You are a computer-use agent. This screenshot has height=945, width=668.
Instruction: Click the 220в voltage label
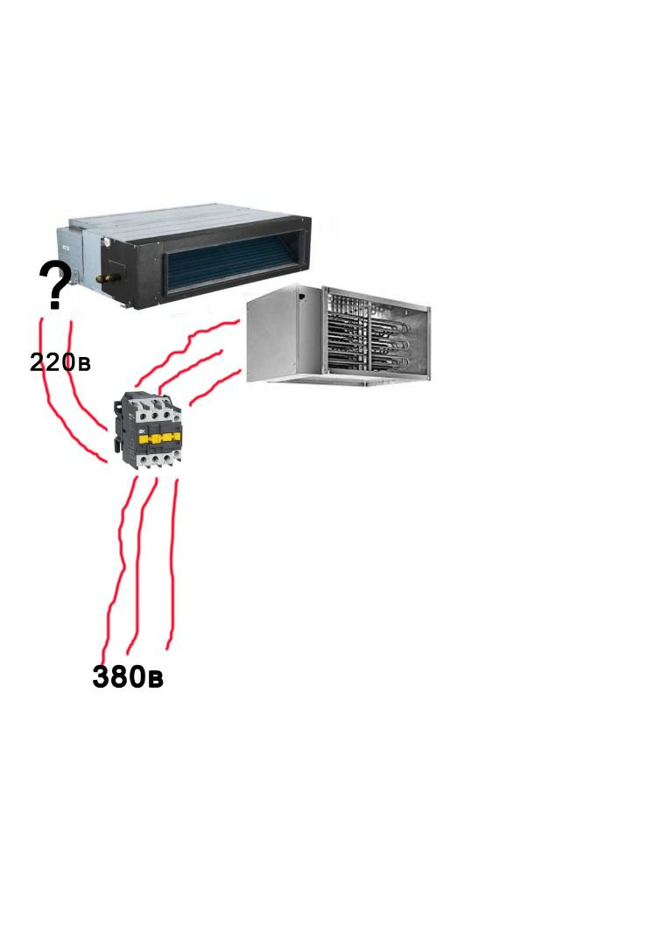click(60, 362)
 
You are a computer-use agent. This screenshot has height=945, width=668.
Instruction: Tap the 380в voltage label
click(128, 676)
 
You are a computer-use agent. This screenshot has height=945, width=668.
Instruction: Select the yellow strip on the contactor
click(159, 437)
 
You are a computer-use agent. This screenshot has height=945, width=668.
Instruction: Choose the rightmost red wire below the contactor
click(173, 566)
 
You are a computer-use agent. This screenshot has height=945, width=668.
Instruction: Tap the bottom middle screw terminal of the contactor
click(156, 460)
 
